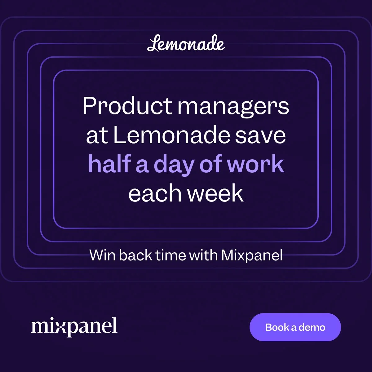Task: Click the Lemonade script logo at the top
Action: tap(186, 44)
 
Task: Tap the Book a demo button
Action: tap(295, 327)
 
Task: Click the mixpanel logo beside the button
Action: tap(74, 326)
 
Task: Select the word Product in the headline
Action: tap(127, 106)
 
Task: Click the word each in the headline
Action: tap(155, 193)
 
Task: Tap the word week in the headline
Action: tap(216, 193)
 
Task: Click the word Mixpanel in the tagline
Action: tap(252, 255)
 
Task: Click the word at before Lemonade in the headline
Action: tap(97, 136)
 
